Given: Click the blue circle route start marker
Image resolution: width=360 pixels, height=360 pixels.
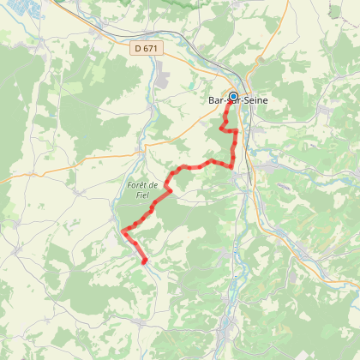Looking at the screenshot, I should tap(232, 96).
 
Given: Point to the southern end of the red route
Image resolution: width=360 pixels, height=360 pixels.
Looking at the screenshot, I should tap(144, 261).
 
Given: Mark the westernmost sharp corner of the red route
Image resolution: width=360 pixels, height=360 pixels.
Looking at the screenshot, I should tap(123, 231).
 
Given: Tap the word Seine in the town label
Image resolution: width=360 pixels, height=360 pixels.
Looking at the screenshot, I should tap(250, 101).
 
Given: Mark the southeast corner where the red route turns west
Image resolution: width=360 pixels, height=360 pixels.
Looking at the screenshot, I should tap(233, 165).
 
